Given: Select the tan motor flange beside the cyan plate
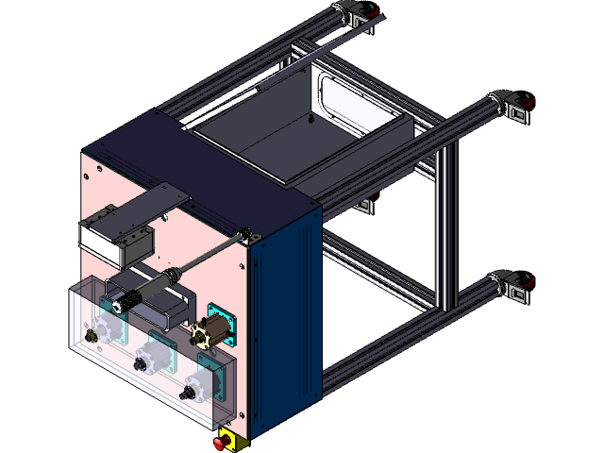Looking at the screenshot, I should pos(201,335).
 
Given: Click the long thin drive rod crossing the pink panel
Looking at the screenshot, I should pos(208,255).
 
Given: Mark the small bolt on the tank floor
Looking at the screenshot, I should pos(311,120).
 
